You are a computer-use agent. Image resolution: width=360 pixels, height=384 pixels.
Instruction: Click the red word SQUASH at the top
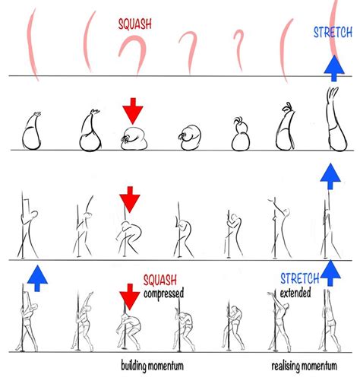click(x=134, y=24)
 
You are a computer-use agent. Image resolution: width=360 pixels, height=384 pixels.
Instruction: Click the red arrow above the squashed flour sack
click(x=133, y=109)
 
